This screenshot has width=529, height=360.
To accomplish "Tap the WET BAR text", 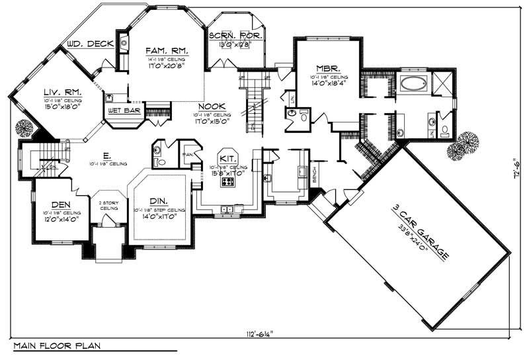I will pos(123,111).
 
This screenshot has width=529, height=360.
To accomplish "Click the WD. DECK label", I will pos(88,45).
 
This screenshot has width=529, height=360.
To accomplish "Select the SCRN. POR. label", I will pos(235,36).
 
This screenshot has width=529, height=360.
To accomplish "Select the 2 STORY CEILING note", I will pos(108,206).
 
